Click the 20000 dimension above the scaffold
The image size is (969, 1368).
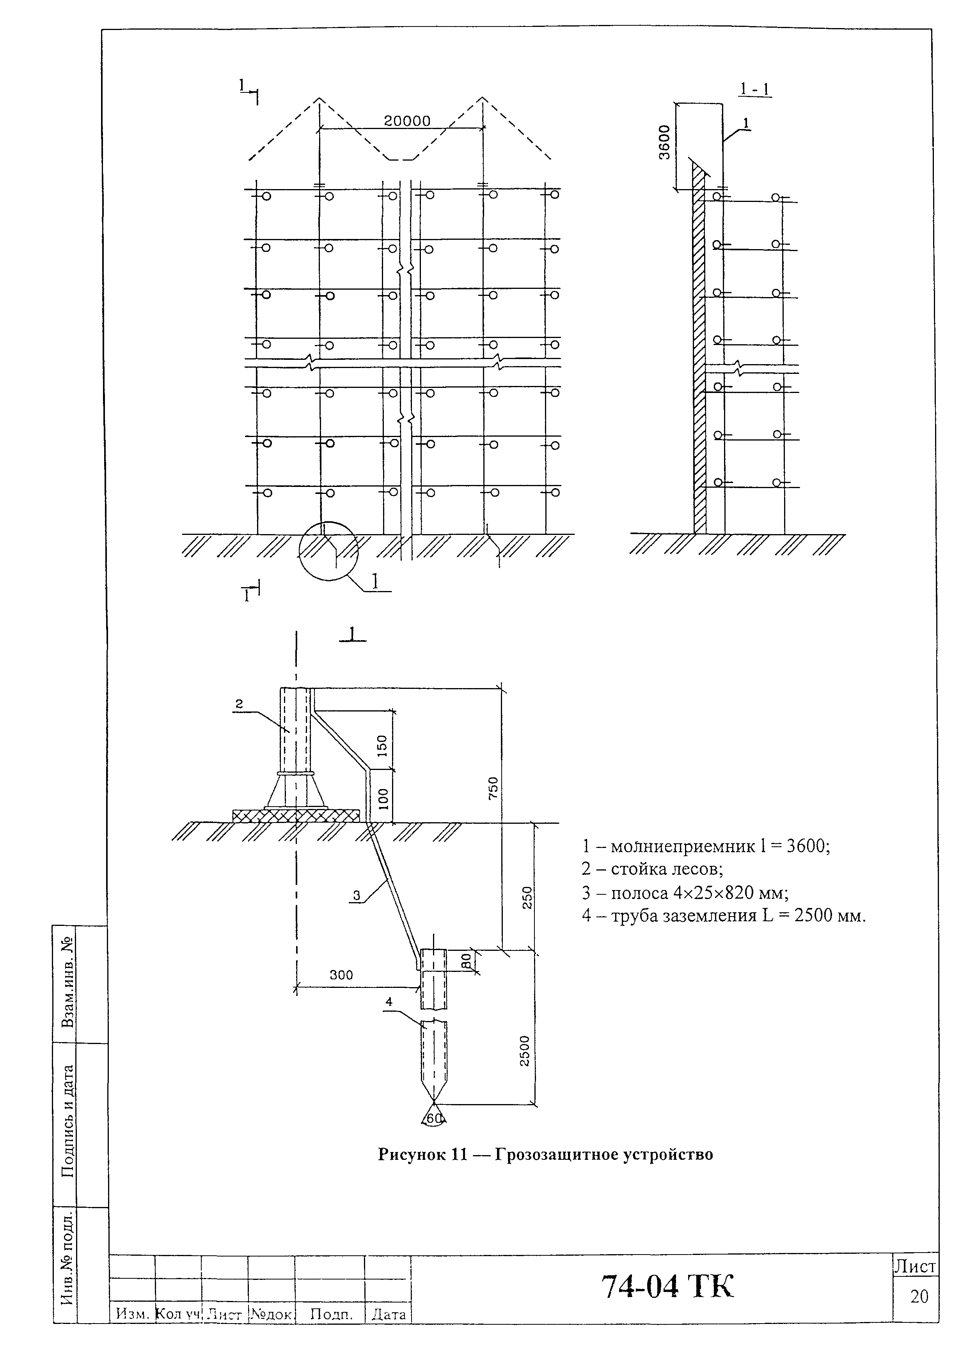[406, 121]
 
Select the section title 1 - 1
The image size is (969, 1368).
[755, 89]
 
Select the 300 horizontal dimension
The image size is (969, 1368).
[341, 975]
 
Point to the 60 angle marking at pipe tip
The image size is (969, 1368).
[435, 1119]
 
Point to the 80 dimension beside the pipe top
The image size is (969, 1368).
[466, 959]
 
